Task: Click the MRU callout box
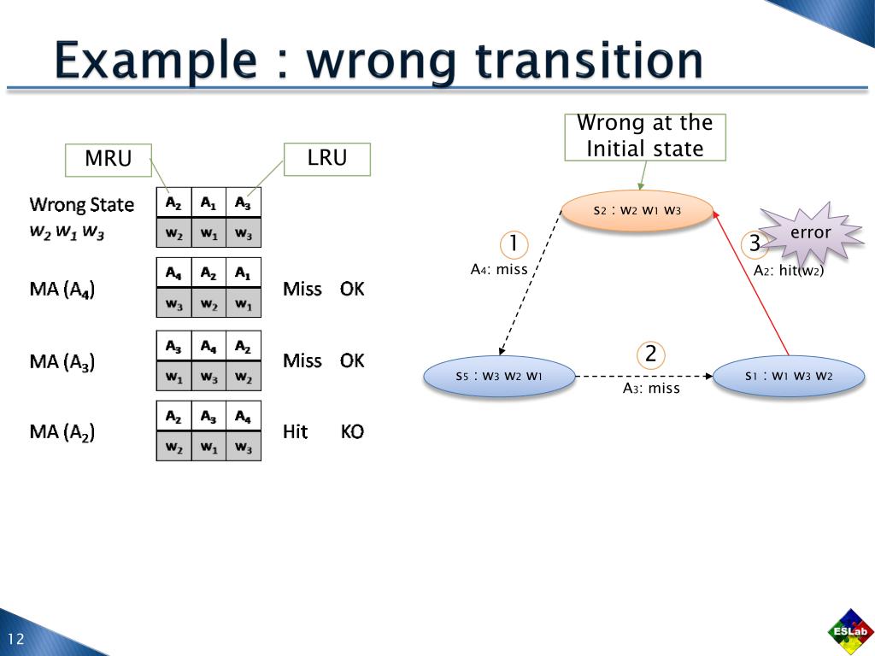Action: coord(109,160)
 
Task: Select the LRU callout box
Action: coord(327,159)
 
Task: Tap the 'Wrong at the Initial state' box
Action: coord(645,137)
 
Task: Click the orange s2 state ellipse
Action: coord(637,210)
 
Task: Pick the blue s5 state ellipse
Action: coord(499,376)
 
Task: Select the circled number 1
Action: coord(514,244)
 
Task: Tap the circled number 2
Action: coord(650,354)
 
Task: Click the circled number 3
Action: coord(755,244)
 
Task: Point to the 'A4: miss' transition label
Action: coord(499,270)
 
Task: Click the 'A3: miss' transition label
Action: coord(651,389)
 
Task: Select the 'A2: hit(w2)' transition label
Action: coord(789,271)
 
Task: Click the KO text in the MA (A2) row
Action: coord(352,432)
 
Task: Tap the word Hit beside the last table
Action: coord(295,432)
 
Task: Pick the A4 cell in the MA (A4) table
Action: coord(173,273)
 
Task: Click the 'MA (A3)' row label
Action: coord(62,361)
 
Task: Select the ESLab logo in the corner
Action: coord(850,632)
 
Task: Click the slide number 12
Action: coord(16,640)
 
